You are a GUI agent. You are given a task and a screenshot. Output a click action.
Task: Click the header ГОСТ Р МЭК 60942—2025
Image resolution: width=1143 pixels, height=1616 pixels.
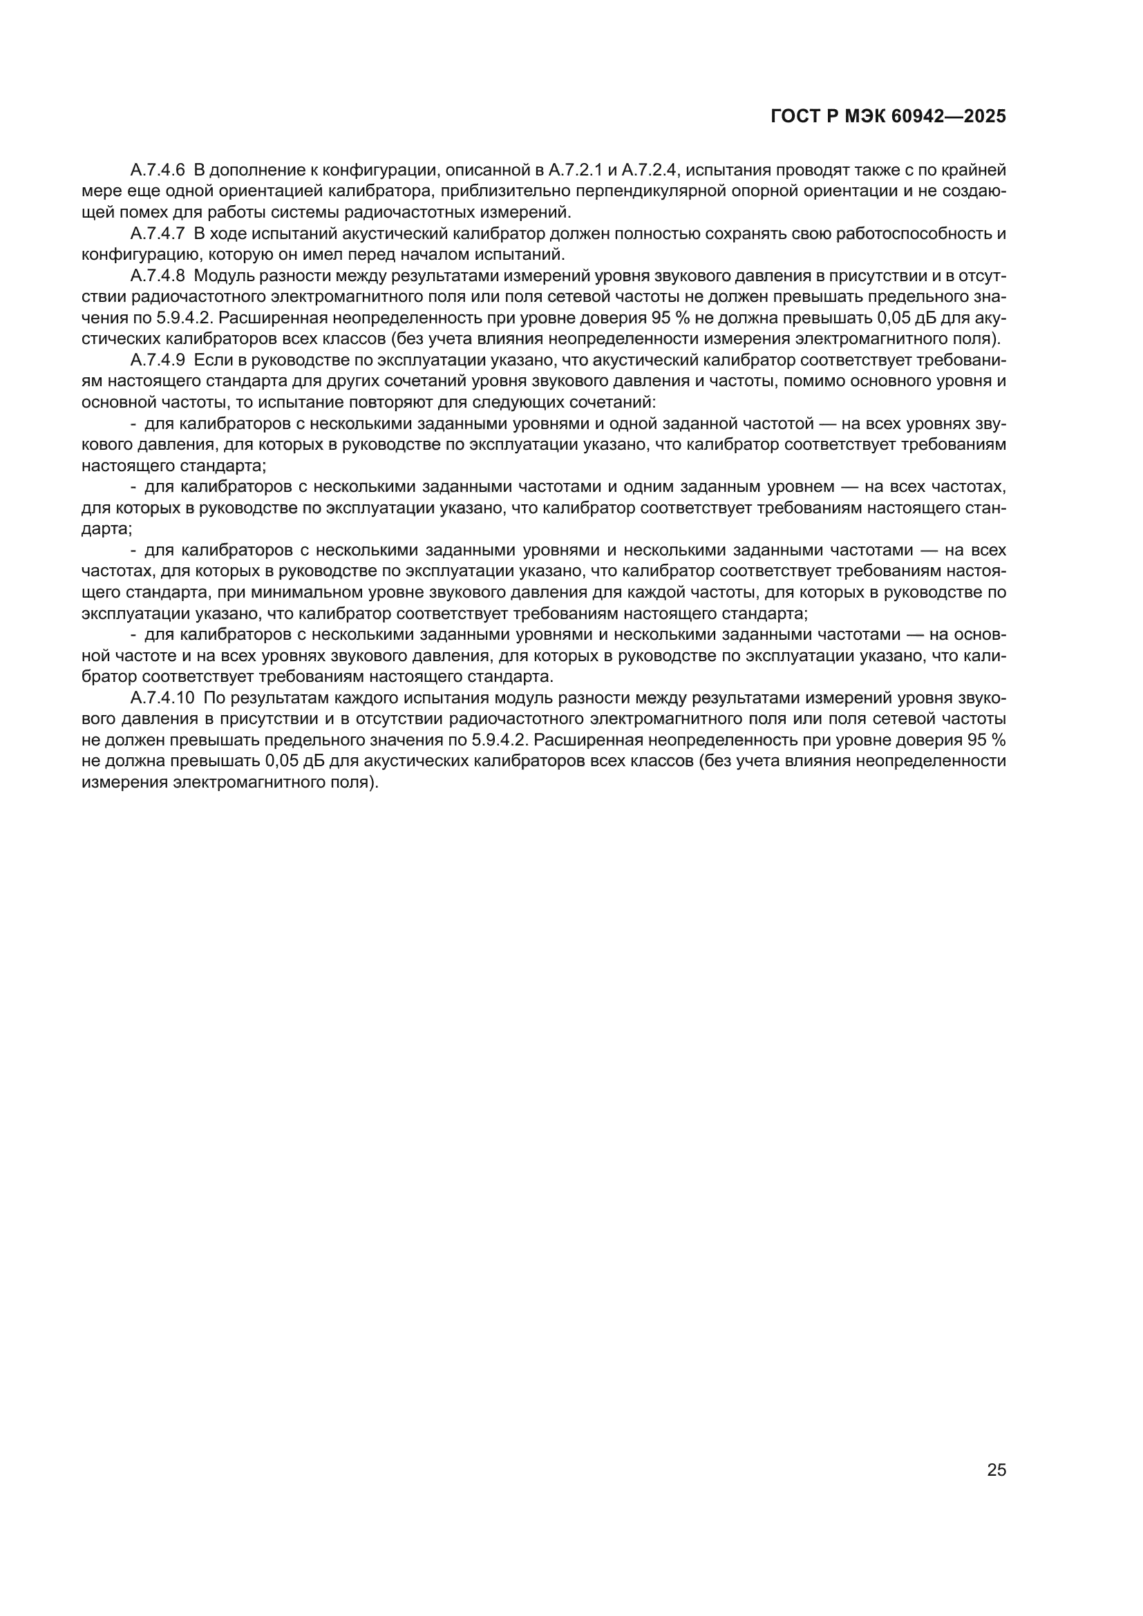(888, 117)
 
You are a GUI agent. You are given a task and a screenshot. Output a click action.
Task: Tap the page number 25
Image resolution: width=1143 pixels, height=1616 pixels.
(996, 1470)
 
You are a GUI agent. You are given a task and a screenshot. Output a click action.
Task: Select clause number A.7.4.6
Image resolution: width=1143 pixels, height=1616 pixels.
(158, 171)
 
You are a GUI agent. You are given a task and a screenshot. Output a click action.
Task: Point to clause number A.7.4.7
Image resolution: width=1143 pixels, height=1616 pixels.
(158, 234)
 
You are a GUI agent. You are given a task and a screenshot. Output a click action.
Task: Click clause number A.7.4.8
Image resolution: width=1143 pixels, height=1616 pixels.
(158, 276)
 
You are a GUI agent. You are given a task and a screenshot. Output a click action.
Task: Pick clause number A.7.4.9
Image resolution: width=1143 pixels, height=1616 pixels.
(158, 361)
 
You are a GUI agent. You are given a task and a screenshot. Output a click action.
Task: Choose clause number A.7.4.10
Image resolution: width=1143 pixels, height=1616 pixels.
(162, 698)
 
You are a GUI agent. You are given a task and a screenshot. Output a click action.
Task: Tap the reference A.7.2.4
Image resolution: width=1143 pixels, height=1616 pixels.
(649, 171)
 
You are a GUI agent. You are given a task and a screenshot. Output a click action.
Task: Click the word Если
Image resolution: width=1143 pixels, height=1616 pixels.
(208, 361)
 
